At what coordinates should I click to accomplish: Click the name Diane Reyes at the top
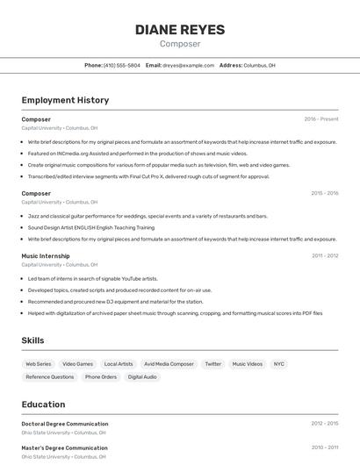180,30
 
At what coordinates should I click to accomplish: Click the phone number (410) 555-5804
122,65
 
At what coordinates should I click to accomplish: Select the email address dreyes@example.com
188,65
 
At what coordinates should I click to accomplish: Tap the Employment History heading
65,100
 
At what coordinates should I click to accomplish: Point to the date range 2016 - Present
320,118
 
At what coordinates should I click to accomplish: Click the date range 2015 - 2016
324,193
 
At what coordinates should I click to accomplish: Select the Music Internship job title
46,255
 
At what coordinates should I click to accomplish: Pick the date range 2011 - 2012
324,255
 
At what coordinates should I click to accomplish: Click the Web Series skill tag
39,363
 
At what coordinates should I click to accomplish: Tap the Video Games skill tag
77,363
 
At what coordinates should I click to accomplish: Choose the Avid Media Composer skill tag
169,363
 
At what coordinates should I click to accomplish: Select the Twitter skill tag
213,363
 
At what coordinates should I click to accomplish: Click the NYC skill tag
278,363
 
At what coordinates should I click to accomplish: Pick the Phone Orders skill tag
101,376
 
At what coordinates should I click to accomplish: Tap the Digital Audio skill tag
142,376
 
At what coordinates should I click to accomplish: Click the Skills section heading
33,340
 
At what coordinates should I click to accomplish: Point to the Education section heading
43,404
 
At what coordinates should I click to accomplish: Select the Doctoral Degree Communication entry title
65,424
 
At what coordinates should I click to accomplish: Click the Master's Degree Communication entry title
64,447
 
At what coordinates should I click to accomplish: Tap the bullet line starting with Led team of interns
92,279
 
